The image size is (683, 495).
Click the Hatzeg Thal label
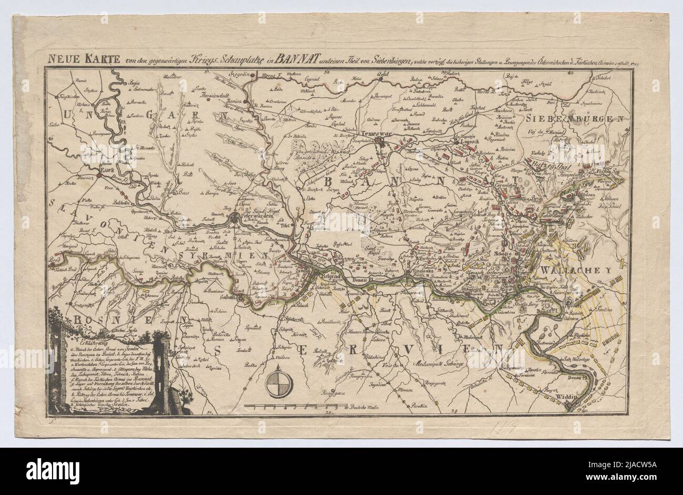pos(546,165)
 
